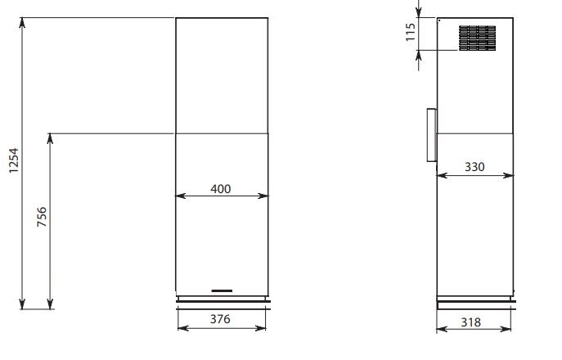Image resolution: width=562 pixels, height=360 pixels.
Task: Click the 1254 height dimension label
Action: (14, 160)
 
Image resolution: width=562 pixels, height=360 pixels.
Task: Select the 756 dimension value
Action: (42, 217)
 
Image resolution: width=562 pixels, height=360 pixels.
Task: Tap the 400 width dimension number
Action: (220, 189)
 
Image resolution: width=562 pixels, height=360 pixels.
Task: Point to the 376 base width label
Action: (220, 319)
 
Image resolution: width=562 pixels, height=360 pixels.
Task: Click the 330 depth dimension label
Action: (474, 167)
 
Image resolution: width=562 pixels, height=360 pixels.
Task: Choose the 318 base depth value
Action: (470, 322)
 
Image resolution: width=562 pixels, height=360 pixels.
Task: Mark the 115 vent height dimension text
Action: (411, 32)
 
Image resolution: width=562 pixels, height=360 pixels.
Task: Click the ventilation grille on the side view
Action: (478, 38)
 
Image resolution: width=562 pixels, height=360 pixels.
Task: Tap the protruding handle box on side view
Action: (432, 135)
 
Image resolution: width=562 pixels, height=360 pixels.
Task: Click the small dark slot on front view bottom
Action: (222, 290)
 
